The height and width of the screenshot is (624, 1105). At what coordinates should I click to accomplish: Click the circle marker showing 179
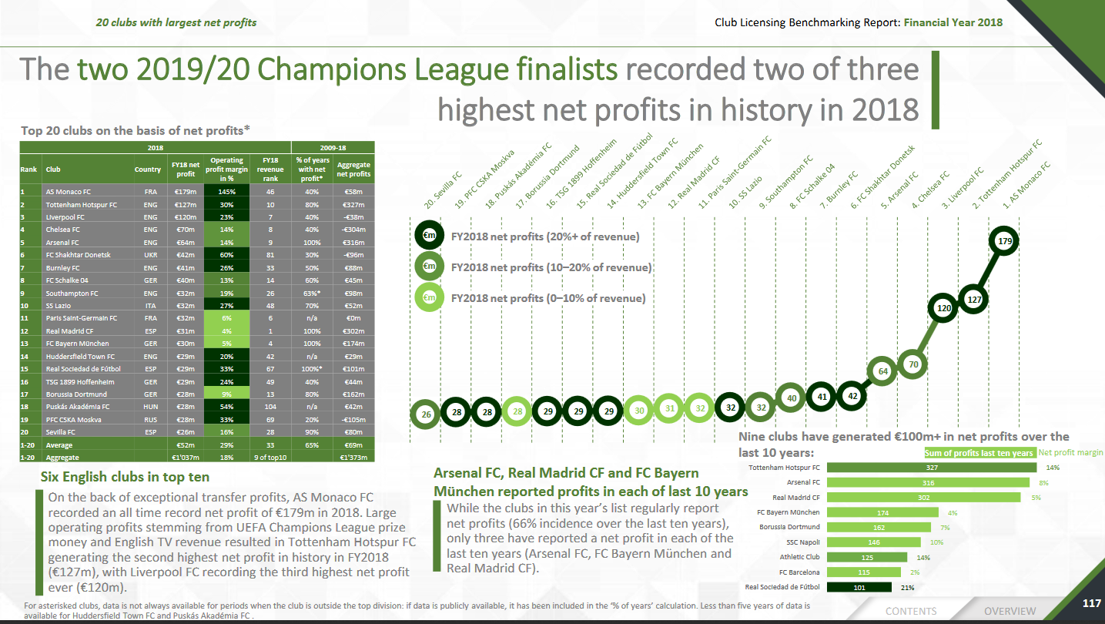1003,241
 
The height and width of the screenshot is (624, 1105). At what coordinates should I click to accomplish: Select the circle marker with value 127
973,300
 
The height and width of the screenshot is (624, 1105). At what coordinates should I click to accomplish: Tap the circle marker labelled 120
943,307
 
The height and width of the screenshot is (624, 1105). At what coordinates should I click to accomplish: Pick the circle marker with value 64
883,371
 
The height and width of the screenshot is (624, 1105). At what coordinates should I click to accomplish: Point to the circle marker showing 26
426,414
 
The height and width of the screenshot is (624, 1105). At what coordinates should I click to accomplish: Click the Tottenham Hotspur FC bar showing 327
932,468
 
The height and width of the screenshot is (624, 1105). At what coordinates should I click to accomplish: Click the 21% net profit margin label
907,587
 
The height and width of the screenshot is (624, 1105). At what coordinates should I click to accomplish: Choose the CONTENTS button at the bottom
911,611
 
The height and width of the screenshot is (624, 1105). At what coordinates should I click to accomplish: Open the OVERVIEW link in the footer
1010,611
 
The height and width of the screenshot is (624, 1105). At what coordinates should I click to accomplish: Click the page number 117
1091,603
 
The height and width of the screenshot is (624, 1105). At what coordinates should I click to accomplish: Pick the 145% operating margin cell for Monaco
226,191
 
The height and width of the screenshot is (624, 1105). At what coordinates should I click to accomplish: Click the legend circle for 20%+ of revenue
430,237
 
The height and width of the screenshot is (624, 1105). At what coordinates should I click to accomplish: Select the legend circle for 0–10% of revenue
430,297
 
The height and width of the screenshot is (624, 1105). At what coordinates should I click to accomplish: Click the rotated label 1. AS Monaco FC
1026,186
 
